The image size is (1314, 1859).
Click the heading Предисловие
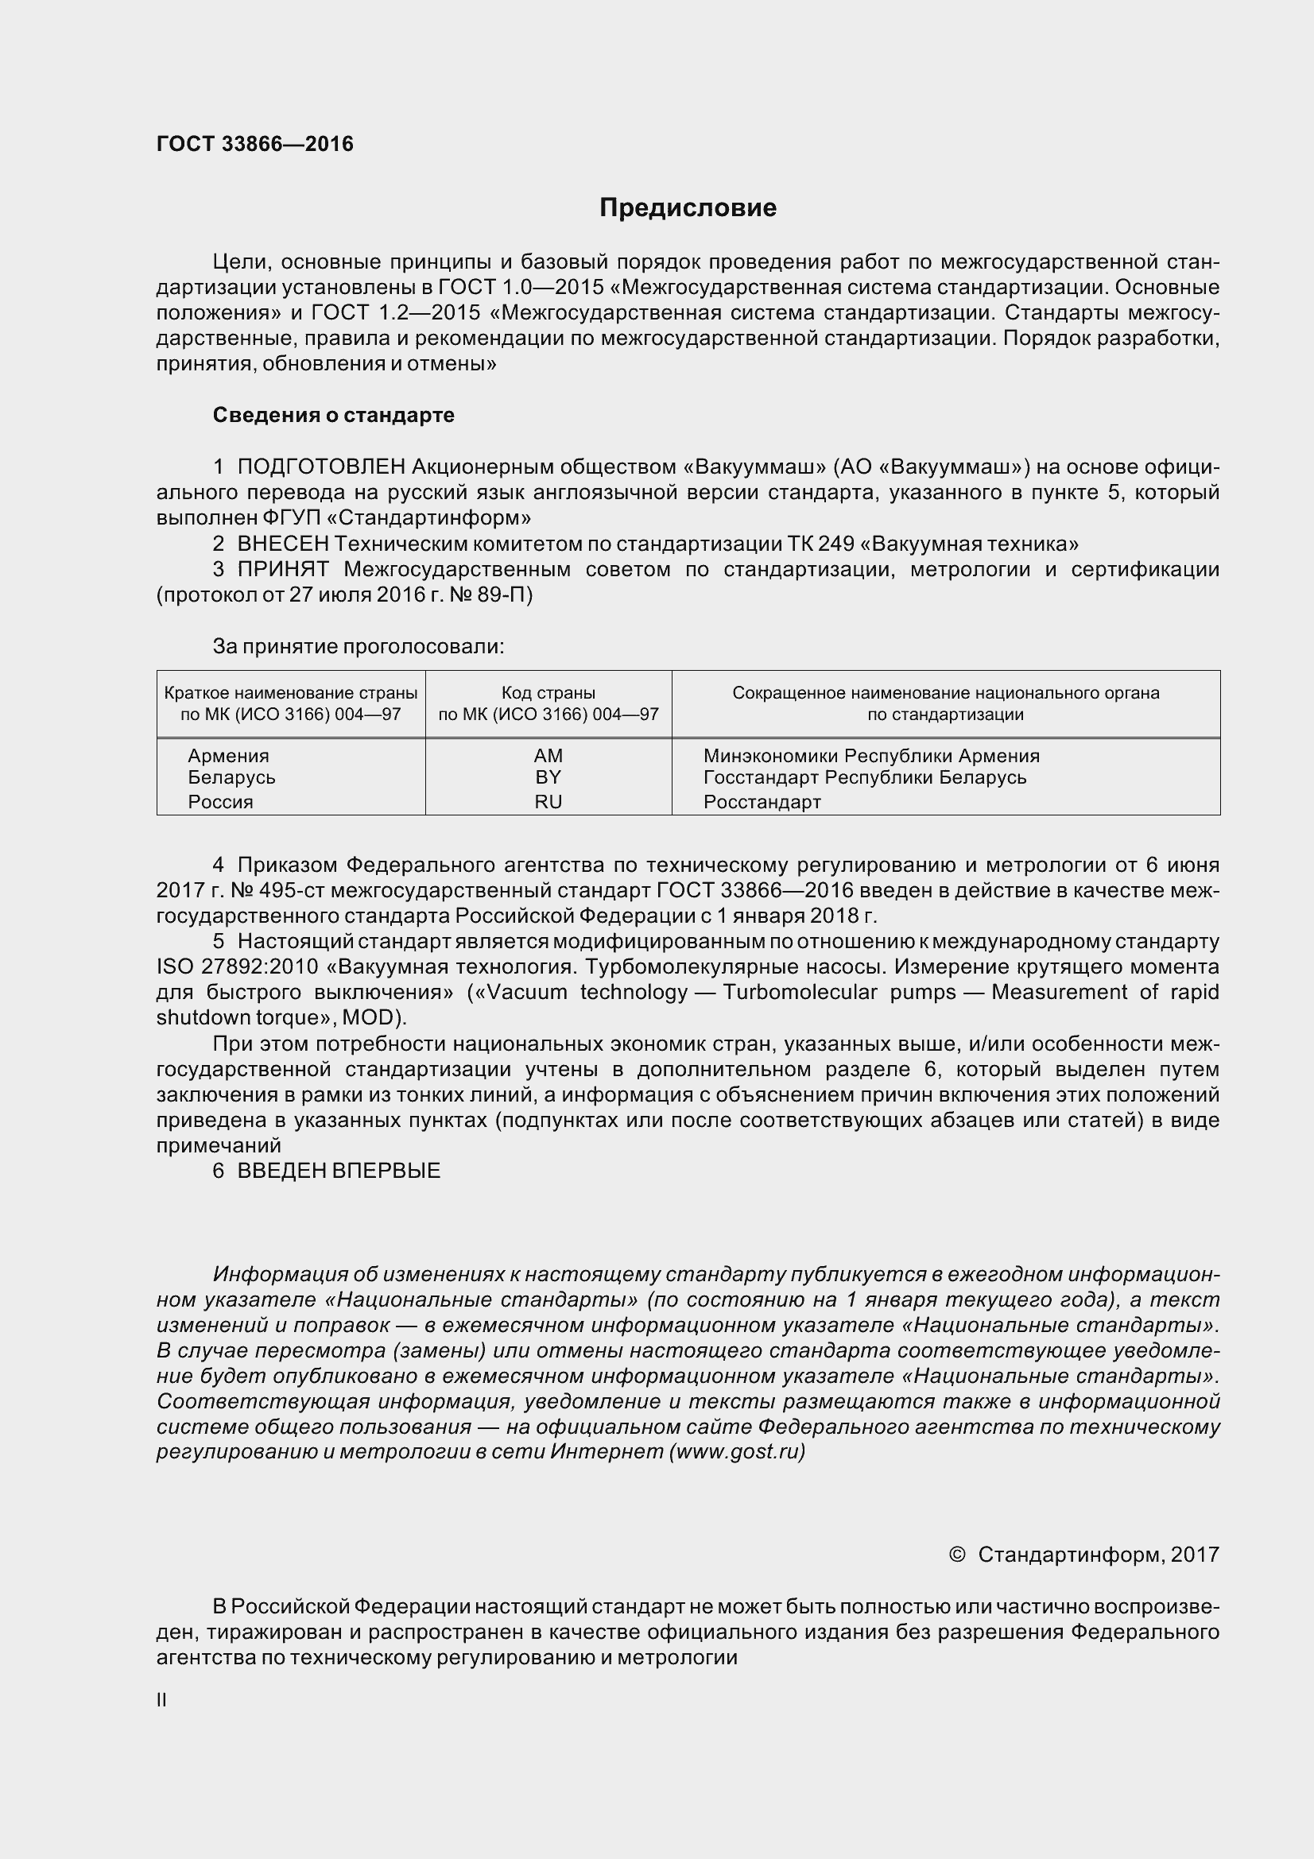coord(688,208)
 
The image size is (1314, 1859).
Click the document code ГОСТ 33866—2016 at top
coord(255,144)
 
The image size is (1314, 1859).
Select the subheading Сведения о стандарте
coord(334,415)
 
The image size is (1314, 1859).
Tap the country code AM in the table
coord(548,755)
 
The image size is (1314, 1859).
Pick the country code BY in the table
coord(548,777)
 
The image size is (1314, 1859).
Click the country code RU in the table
coord(548,802)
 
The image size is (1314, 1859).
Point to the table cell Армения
coord(228,755)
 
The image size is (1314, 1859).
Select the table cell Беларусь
coord(231,777)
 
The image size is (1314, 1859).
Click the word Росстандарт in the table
coord(762,802)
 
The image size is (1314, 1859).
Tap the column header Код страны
coord(548,693)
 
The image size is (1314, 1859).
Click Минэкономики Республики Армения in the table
coord(871,755)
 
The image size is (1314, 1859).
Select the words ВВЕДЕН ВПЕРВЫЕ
coord(339,1171)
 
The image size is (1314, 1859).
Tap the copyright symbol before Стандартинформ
coord(956,1555)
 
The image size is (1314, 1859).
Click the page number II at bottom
coord(161,1700)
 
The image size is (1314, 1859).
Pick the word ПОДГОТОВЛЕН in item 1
coord(320,467)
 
